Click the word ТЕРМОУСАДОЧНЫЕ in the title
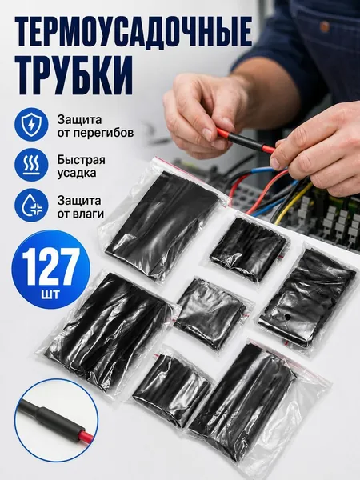134,31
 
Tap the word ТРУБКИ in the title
74,75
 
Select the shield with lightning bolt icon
31,124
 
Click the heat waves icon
31,164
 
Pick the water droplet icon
31,205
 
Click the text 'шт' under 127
50,295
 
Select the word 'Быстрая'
81,160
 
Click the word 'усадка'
77,173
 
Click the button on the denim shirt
325,26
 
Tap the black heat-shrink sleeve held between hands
244,142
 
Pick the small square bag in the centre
212,312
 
